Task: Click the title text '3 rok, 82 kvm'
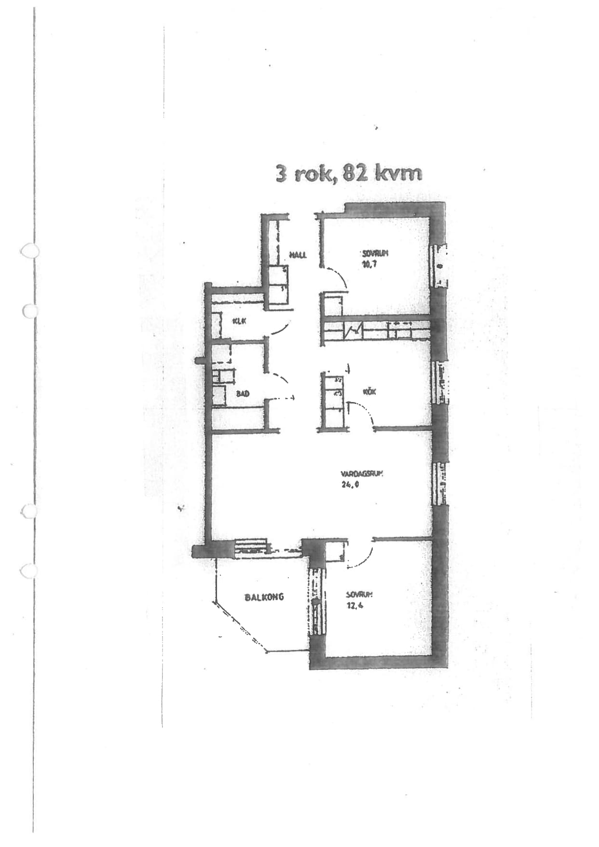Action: (349, 173)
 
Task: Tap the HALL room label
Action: (298, 254)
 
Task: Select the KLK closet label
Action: (238, 321)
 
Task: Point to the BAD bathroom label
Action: (243, 394)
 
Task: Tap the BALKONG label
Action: (264, 597)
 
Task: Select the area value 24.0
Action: (351, 485)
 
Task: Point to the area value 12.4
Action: (355, 605)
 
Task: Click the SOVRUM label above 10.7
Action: (375, 253)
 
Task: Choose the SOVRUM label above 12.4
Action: (359, 595)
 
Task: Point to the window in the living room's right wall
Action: (440, 484)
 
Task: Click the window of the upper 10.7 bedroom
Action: (438, 266)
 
